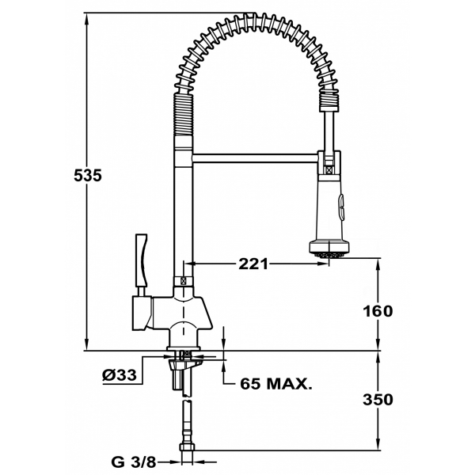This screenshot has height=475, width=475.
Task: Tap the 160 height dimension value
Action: click(x=378, y=311)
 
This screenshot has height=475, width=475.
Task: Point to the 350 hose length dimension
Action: click(x=378, y=399)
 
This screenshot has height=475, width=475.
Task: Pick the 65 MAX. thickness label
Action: click(x=276, y=384)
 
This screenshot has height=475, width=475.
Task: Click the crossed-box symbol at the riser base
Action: click(x=185, y=279)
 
